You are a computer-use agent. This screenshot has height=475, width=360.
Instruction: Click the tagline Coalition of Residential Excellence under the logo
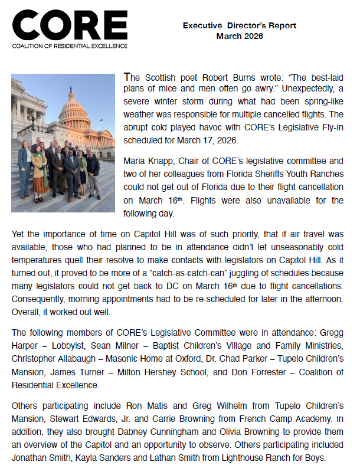coord(70,45)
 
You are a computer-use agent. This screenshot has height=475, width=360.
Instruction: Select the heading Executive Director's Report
coord(240,26)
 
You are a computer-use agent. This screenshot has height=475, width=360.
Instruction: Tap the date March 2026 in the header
coord(240,36)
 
